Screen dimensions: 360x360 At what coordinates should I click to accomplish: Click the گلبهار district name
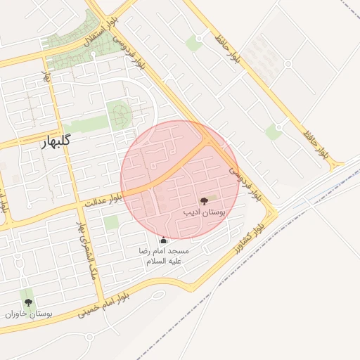click(55, 141)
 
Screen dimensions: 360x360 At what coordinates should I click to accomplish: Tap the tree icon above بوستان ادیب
click(204, 201)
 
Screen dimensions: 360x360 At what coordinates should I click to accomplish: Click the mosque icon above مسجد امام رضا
click(164, 240)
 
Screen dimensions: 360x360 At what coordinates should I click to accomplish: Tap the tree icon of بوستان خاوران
click(29, 302)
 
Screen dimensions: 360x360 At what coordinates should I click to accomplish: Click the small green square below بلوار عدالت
click(111, 223)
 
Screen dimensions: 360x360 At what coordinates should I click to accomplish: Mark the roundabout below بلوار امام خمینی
click(89, 336)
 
